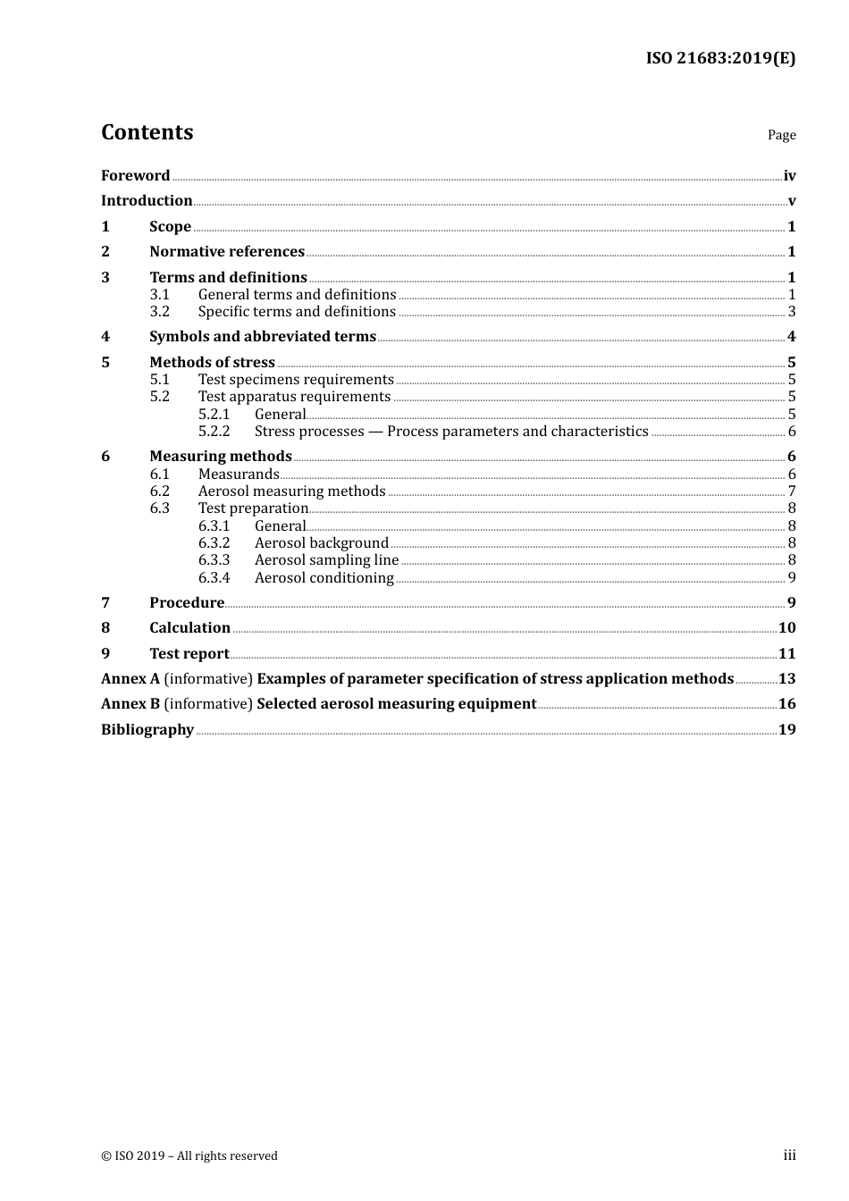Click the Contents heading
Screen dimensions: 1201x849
coord(147,132)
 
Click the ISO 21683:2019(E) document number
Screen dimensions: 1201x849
coord(720,59)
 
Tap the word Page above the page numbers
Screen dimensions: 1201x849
coord(781,135)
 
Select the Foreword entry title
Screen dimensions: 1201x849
coord(135,176)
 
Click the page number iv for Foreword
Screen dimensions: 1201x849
coord(789,176)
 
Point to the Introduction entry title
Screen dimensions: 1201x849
coord(147,201)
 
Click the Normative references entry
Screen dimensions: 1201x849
coord(227,252)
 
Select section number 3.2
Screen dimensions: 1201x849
coord(160,312)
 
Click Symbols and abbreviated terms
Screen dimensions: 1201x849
coord(263,337)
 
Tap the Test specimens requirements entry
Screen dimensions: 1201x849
coord(296,380)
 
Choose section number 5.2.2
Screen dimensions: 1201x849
coord(214,432)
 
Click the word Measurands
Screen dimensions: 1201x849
coord(239,475)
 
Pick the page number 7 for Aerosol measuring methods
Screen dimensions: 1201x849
coord(792,491)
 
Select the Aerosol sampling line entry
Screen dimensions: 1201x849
coord(326,560)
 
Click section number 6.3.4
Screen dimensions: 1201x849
coord(214,578)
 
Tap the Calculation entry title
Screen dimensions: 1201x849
coord(189,628)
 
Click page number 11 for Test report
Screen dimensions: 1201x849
coord(786,654)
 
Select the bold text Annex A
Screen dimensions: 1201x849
coord(130,679)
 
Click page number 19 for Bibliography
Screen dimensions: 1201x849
coord(786,730)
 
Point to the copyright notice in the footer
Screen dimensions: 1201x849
coord(189,1156)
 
